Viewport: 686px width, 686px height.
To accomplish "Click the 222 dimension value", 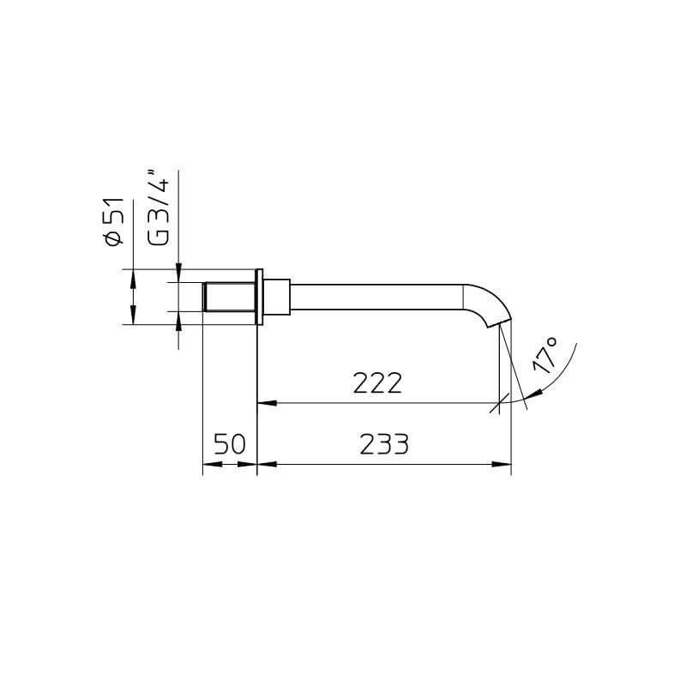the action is pyautogui.click(x=377, y=382).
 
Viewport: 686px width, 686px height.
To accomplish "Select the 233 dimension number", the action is pyautogui.click(x=384, y=444).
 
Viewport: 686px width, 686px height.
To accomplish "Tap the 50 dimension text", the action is pyautogui.click(x=230, y=444).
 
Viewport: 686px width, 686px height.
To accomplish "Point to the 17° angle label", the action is pyautogui.click(x=545, y=354).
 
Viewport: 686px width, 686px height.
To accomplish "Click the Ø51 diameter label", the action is pyautogui.click(x=116, y=222).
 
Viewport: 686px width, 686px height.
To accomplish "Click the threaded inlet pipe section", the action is pyautogui.click(x=229, y=297).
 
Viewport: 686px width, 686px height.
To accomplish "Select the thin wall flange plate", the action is pyautogui.click(x=260, y=297).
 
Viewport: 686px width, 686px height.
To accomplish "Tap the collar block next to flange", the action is pyautogui.click(x=276, y=297).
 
